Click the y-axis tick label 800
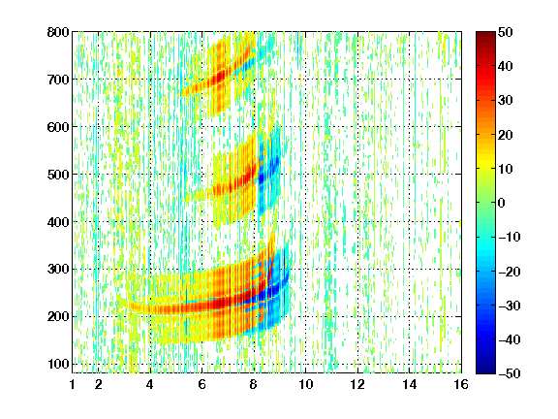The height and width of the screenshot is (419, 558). pos(58,32)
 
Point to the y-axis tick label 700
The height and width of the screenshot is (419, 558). pos(58,80)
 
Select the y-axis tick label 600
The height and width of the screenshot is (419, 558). pos(58,127)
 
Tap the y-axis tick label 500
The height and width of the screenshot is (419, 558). pos(58,175)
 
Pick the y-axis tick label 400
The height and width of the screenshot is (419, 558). pos(58,222)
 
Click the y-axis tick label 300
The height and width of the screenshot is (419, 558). pos(58,270)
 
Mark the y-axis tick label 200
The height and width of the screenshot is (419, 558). pos(58,317)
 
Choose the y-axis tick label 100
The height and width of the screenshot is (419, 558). pos(58,364)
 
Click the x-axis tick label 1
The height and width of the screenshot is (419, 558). pos(73,384)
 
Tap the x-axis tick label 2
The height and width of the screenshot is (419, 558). pos(99,384)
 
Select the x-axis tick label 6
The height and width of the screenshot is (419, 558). pos(202,384)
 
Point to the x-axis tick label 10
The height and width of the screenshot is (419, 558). pos(306,384)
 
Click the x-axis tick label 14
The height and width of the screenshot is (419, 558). pos(409,384)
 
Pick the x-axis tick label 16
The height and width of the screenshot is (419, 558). pos(461,384)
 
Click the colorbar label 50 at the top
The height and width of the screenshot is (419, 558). pos(505,32)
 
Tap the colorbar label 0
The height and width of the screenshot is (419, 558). pos(502,203)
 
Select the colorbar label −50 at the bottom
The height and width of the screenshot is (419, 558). pos(510,373)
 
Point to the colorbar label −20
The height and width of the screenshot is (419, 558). pos(510,272)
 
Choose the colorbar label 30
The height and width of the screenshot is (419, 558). pos(505,101)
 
